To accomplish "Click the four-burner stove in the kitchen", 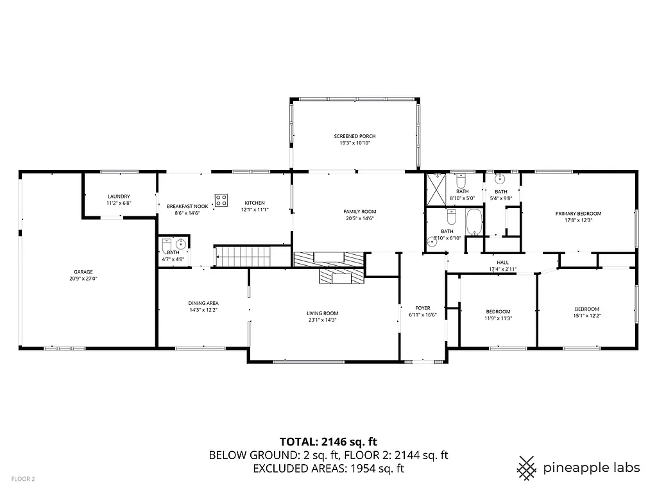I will [x=221, y=200].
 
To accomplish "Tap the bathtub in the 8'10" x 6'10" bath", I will [x=474, y=223].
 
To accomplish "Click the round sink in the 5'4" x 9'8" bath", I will [x=500, y=179].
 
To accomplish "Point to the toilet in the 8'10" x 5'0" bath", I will [x=461, y=179].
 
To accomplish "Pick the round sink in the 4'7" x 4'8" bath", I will [x=181, y=244].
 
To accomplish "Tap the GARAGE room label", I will [x=83, y=272].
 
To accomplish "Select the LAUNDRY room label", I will [x=119, y=196].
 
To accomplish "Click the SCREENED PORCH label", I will [x=355, y=136].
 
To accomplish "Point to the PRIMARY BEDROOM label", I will [x=578, y=213].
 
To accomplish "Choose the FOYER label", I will [x=422, y=308].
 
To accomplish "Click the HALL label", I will [x=502, y=262].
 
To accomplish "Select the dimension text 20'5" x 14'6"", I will [x=360, y=218].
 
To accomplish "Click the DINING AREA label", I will [x=203, y=303].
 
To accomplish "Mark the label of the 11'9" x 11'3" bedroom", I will [x=497, y=311].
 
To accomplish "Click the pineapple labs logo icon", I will [x=527, y=467].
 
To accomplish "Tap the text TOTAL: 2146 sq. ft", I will [x=328, y=442].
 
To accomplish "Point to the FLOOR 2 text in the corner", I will [x=24, y=479].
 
